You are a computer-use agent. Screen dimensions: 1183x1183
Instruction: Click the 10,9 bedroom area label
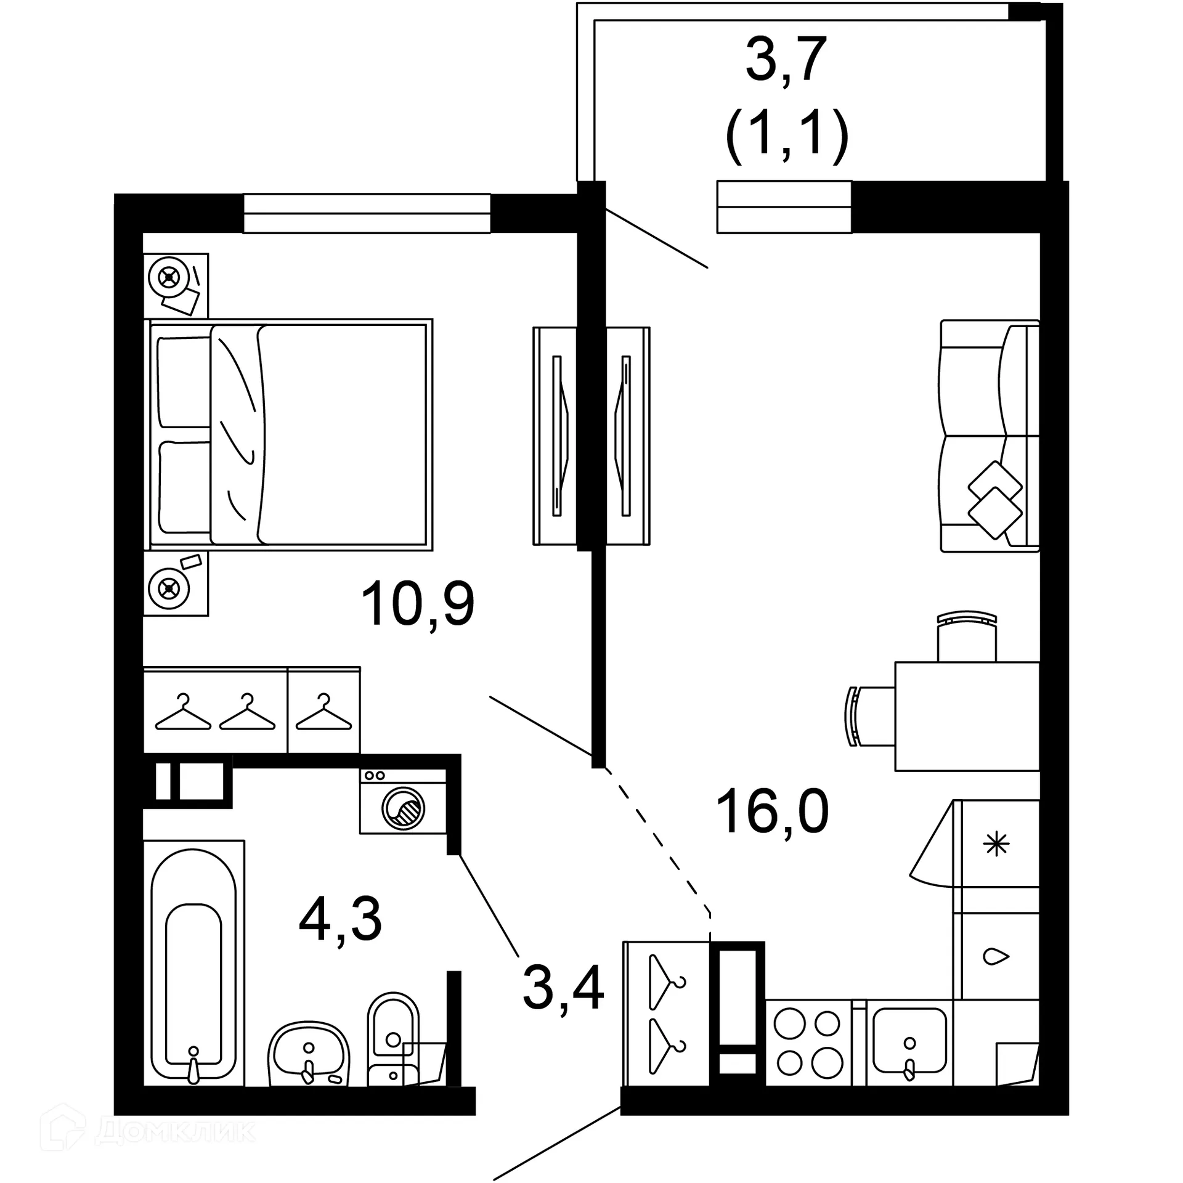pos(418,605)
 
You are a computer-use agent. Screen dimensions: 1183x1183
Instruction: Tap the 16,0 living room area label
pos(772,812)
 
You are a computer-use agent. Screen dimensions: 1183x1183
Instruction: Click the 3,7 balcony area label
pos(786,60)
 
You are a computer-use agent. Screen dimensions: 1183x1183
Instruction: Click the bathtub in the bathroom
pos(193,964)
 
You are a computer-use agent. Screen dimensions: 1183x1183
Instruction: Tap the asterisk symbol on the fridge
pos(996,844)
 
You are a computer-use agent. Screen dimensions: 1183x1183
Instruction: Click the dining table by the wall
pos(966,716)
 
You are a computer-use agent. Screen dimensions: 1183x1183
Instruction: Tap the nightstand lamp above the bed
pos(168,278)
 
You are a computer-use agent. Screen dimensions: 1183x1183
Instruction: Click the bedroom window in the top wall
pos(367,213)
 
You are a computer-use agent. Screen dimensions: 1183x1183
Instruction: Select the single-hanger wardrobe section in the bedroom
pos(323,710)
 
